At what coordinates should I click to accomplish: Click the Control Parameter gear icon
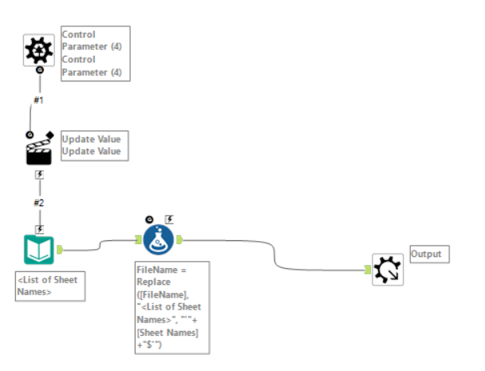point(37,50)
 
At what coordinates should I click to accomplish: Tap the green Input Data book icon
point(37,250)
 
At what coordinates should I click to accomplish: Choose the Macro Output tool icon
point(388,269)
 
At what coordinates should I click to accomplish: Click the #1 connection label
point(38,101)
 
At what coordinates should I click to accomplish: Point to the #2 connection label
point(38,202)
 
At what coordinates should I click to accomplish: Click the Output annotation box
point(429,254)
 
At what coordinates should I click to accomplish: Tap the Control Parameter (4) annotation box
point(95,53)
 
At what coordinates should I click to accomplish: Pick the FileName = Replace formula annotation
point(172,307)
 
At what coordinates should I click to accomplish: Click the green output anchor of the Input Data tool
point(60,250)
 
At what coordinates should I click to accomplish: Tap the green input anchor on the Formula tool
point(136,239)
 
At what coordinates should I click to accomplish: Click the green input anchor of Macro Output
point(369,270)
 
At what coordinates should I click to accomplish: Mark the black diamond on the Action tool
point(50,134)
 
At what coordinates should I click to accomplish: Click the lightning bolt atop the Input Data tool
point(38,228)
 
